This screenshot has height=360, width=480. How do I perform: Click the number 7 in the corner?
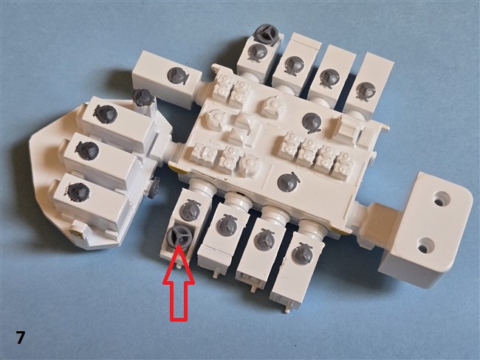pyautogui.click(x=20, y=338)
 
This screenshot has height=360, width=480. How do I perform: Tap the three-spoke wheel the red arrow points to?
pyautogui.click(x=179, y=237)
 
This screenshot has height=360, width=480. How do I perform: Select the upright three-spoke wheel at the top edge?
pyautogui.click(x=267, y=33)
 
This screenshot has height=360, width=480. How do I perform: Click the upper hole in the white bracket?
pyautogui.click(x=440, y=202)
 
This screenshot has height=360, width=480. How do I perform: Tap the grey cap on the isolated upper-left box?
pyautogui.click(x=177, y=75)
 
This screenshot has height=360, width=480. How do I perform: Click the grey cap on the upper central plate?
pyautogui.click(x=312, y=122)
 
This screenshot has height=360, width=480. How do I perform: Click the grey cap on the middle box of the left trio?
pyautogui.click(x=87, y=150)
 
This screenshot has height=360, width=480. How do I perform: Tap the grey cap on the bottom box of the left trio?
pyautogui.click(x=78, y=192)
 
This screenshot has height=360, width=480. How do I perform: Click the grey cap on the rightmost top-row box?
pyautogui.click(x=366, y=91)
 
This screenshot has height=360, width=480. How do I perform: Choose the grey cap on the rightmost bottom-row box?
pyautogui.click(x=303, y=252)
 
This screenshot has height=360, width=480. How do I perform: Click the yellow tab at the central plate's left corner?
pyautogui.click(x=175, y=167)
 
